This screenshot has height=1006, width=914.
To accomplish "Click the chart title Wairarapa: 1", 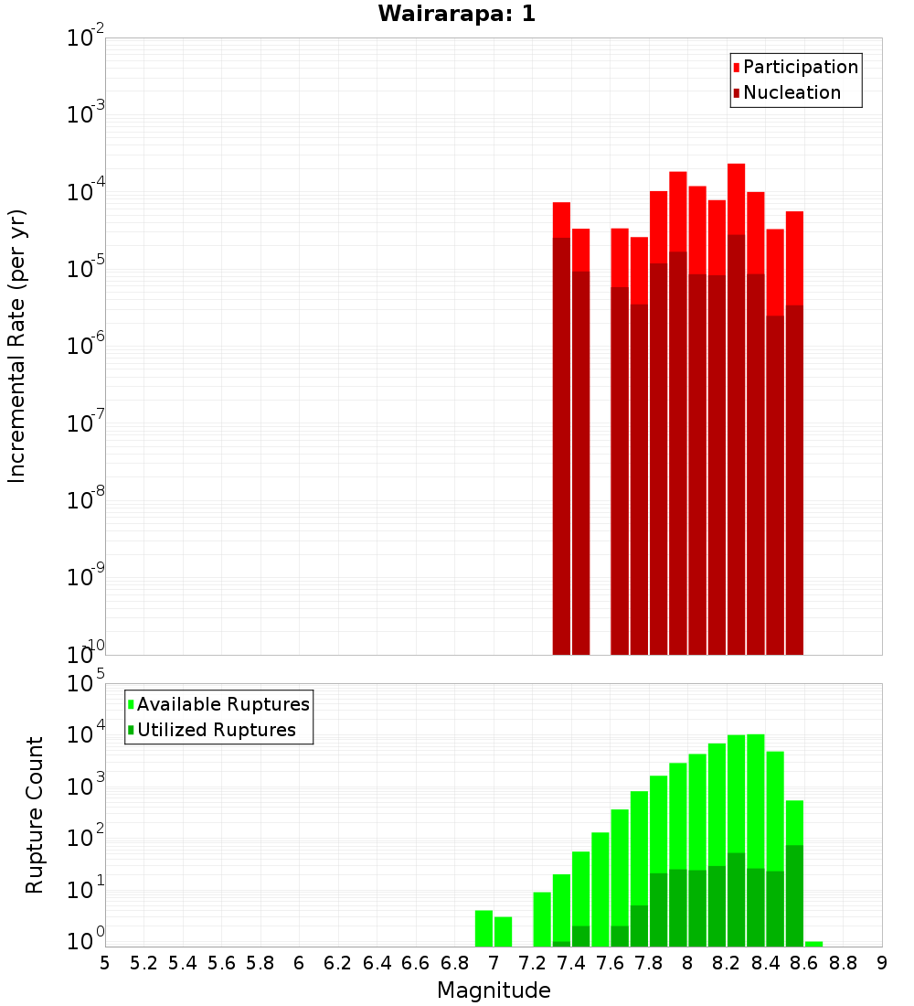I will pos(457,15).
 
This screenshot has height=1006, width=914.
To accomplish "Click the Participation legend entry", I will pos(800,67).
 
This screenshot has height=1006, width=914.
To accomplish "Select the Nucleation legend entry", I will pos(792,92).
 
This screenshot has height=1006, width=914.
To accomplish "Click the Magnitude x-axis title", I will pos(494,990).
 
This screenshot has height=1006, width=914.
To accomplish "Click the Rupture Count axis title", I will pos(35,814).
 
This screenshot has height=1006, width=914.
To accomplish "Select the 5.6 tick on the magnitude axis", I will pos(222,963).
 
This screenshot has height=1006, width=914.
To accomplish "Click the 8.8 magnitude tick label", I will pos(843,963).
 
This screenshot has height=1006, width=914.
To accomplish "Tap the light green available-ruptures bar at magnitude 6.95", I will pos(484,927).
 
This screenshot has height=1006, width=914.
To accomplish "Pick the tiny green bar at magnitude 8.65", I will pos(813,944).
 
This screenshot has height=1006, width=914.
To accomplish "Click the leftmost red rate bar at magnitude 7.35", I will pos(561,219).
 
